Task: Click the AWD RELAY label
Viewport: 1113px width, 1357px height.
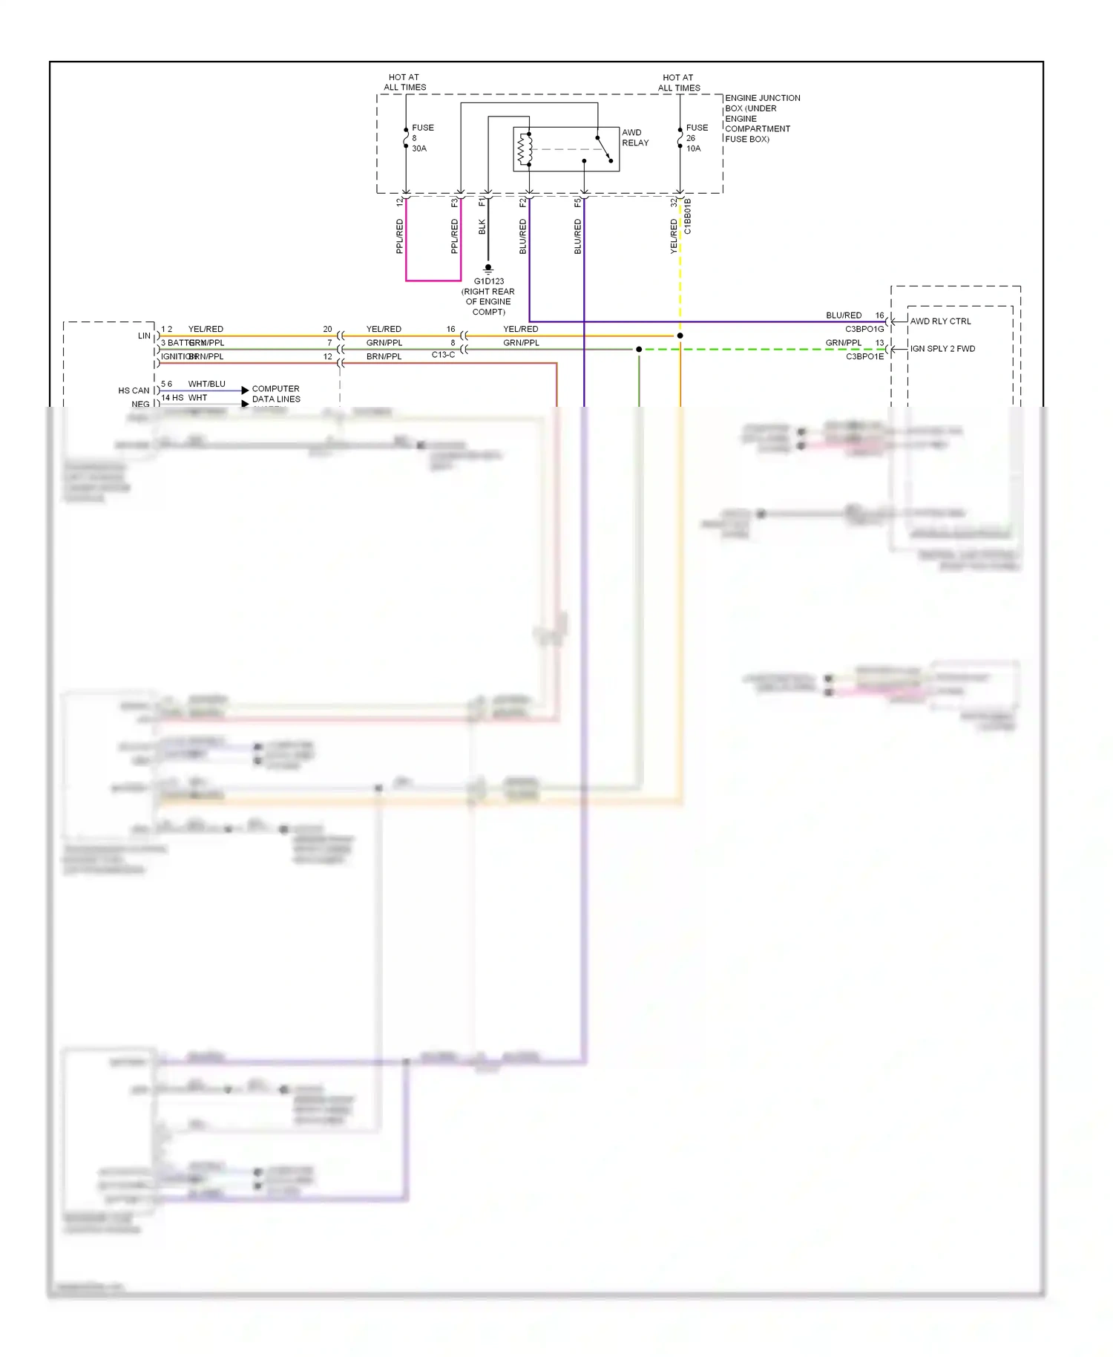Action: pos(634,138)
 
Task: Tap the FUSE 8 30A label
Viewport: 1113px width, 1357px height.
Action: pos(421,138)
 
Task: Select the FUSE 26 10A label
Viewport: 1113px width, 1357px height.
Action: pos(696,138)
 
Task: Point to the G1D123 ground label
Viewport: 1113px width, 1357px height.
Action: pos(488,296)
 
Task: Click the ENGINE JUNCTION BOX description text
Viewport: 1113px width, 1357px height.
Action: pos(762,118)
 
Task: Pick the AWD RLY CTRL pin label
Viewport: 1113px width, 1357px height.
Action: pos(940,321)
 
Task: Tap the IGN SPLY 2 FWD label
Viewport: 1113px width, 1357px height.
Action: pos(942,349)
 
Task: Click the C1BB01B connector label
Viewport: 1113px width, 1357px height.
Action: pos(688,216)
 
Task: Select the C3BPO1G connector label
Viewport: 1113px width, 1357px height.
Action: pos(864,330)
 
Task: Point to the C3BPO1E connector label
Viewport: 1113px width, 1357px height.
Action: pos(864,357)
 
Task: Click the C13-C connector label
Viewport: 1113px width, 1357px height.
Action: pos(443,355)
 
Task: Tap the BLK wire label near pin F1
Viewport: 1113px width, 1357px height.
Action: pos(482,227)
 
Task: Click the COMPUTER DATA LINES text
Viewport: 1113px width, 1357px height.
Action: pos(275,394)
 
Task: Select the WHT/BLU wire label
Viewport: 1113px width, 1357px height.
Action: pos(206,384)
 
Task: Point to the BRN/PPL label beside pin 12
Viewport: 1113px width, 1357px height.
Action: pos(384,357)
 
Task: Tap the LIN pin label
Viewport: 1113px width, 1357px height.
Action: pos(144,336)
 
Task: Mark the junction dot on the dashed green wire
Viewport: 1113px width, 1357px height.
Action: pos(639,349)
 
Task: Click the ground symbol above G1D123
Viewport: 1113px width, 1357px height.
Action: pos(488,268)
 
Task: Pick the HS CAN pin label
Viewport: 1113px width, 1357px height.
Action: pos(134,390)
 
